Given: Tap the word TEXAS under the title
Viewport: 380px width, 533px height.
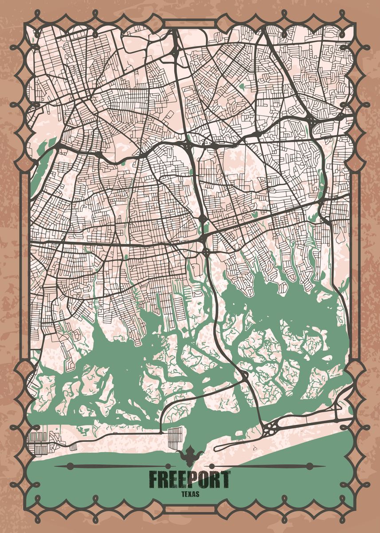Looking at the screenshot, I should pyautogui.click(x=190, y=494).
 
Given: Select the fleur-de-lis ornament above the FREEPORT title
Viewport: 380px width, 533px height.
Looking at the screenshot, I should pyautogui.click(x=190, y=454).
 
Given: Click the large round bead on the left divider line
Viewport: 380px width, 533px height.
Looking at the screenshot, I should pyautogui.click(x=70, y=466).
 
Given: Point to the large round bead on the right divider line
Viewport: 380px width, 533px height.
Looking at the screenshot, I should pyautogui.click(x=310, y=466).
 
